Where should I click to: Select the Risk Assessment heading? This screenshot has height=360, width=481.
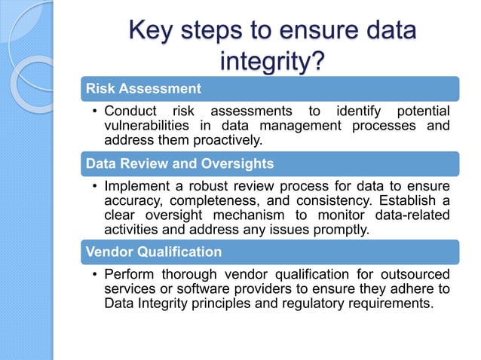(142, 89)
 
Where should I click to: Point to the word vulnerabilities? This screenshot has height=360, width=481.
(146, 126)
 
